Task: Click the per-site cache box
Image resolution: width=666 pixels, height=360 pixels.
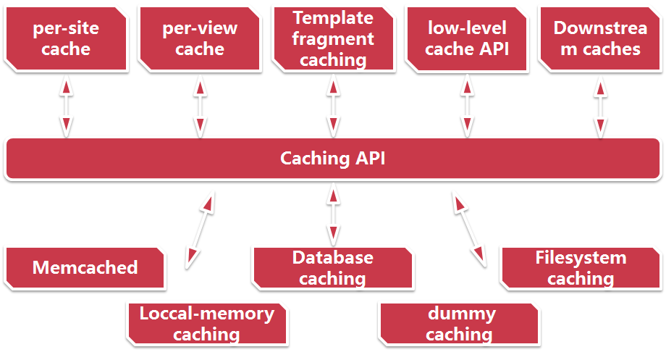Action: pos(66,39)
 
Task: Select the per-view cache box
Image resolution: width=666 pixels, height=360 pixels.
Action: pos(199,39)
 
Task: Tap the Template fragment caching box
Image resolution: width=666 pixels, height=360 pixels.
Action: pos(333,39)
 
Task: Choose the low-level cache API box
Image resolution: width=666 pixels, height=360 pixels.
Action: pos(467,39)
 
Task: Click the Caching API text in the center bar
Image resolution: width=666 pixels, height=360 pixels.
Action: pos(333,158)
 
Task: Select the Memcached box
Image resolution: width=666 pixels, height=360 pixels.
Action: pos(85,267)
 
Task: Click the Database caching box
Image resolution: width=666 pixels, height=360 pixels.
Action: pos(333,267)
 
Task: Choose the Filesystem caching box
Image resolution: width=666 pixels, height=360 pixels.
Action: pos(581,267)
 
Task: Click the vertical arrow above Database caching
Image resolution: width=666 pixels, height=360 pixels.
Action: pos(333,214)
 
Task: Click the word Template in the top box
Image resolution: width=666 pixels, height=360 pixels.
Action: pos(333,17)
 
